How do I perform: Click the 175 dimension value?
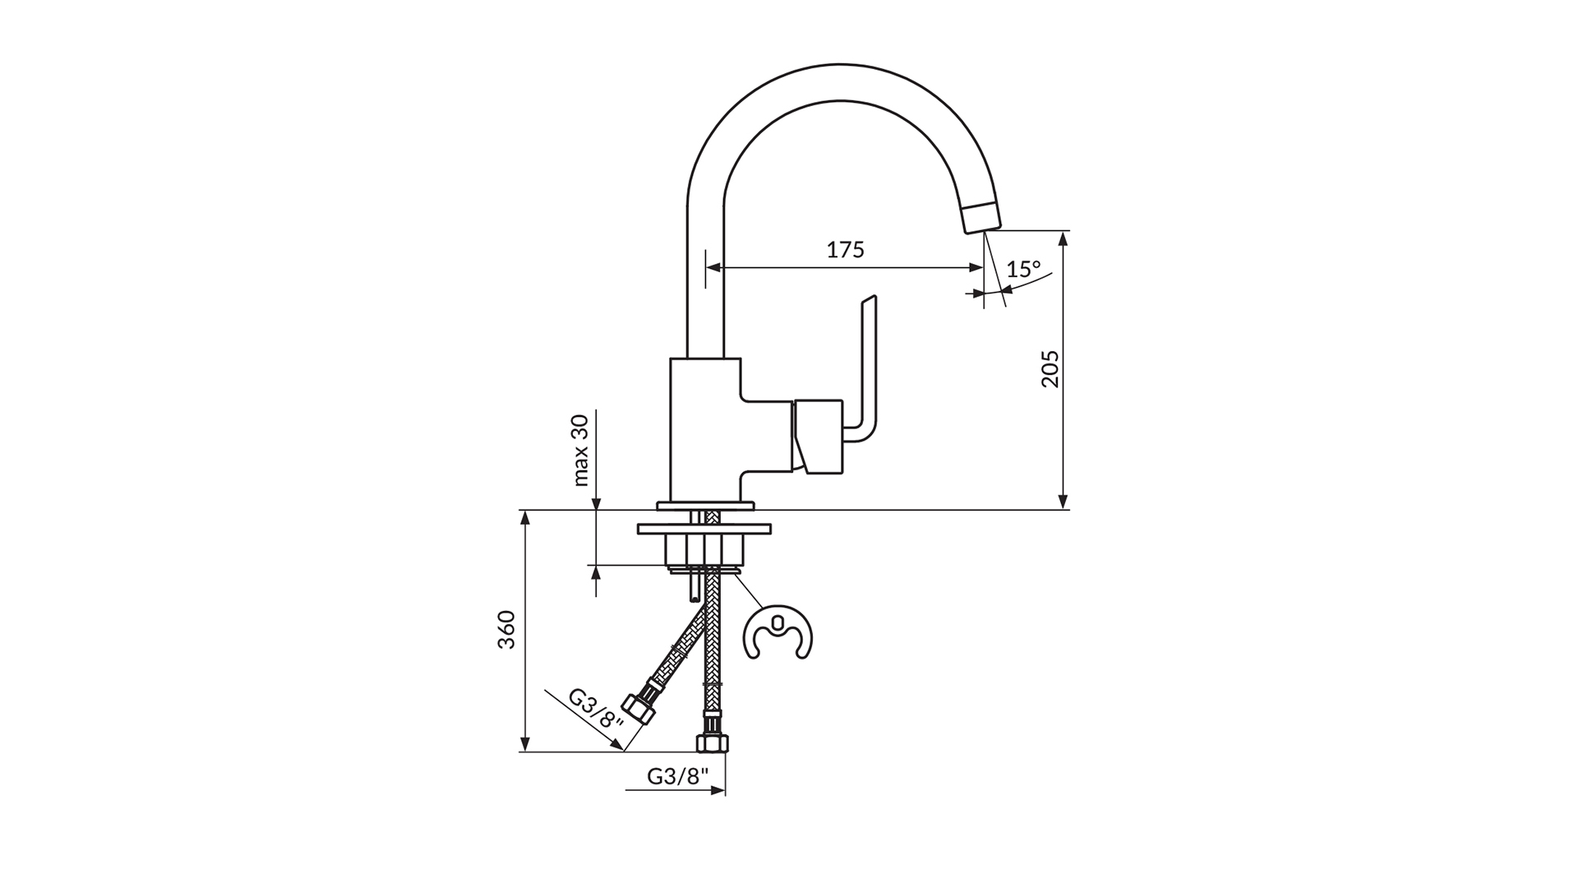(846, 249)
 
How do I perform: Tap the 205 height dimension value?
(1050, 368)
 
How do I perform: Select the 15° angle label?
(1024, 269)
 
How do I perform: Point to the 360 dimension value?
(506, 629)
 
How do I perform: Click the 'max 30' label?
(581, 450)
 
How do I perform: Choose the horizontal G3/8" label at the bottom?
(678, 777)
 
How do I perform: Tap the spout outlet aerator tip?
(981, 217)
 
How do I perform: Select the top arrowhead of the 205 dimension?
(1064, 238)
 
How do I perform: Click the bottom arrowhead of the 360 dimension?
(524, 744)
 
